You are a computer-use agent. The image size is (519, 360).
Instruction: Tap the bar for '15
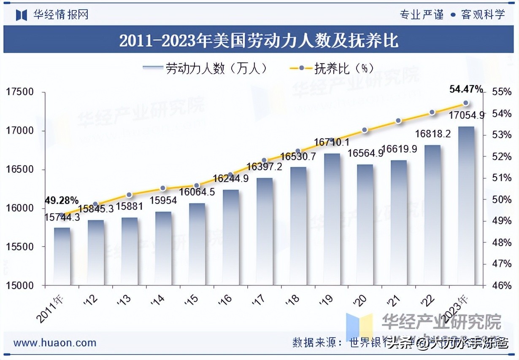(197, 244)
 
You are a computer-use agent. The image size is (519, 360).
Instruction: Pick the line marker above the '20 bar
(365, 130)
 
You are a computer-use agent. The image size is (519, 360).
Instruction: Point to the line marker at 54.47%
(466, 103)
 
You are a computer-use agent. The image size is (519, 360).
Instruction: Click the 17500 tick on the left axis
(19, 92)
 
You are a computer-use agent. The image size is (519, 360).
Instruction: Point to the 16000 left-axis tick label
(19, 208)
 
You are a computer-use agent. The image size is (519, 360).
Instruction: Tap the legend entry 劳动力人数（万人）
(205, 68)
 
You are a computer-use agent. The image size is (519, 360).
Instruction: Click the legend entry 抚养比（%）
(332, 68)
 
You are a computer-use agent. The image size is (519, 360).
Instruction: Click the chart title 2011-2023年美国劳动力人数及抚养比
(259, 41)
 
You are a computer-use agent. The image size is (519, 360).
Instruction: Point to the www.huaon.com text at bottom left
(55, 343)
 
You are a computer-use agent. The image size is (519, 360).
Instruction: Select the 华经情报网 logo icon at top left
(21, 15)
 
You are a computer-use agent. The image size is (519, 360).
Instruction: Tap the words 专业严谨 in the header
(422, 15)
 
